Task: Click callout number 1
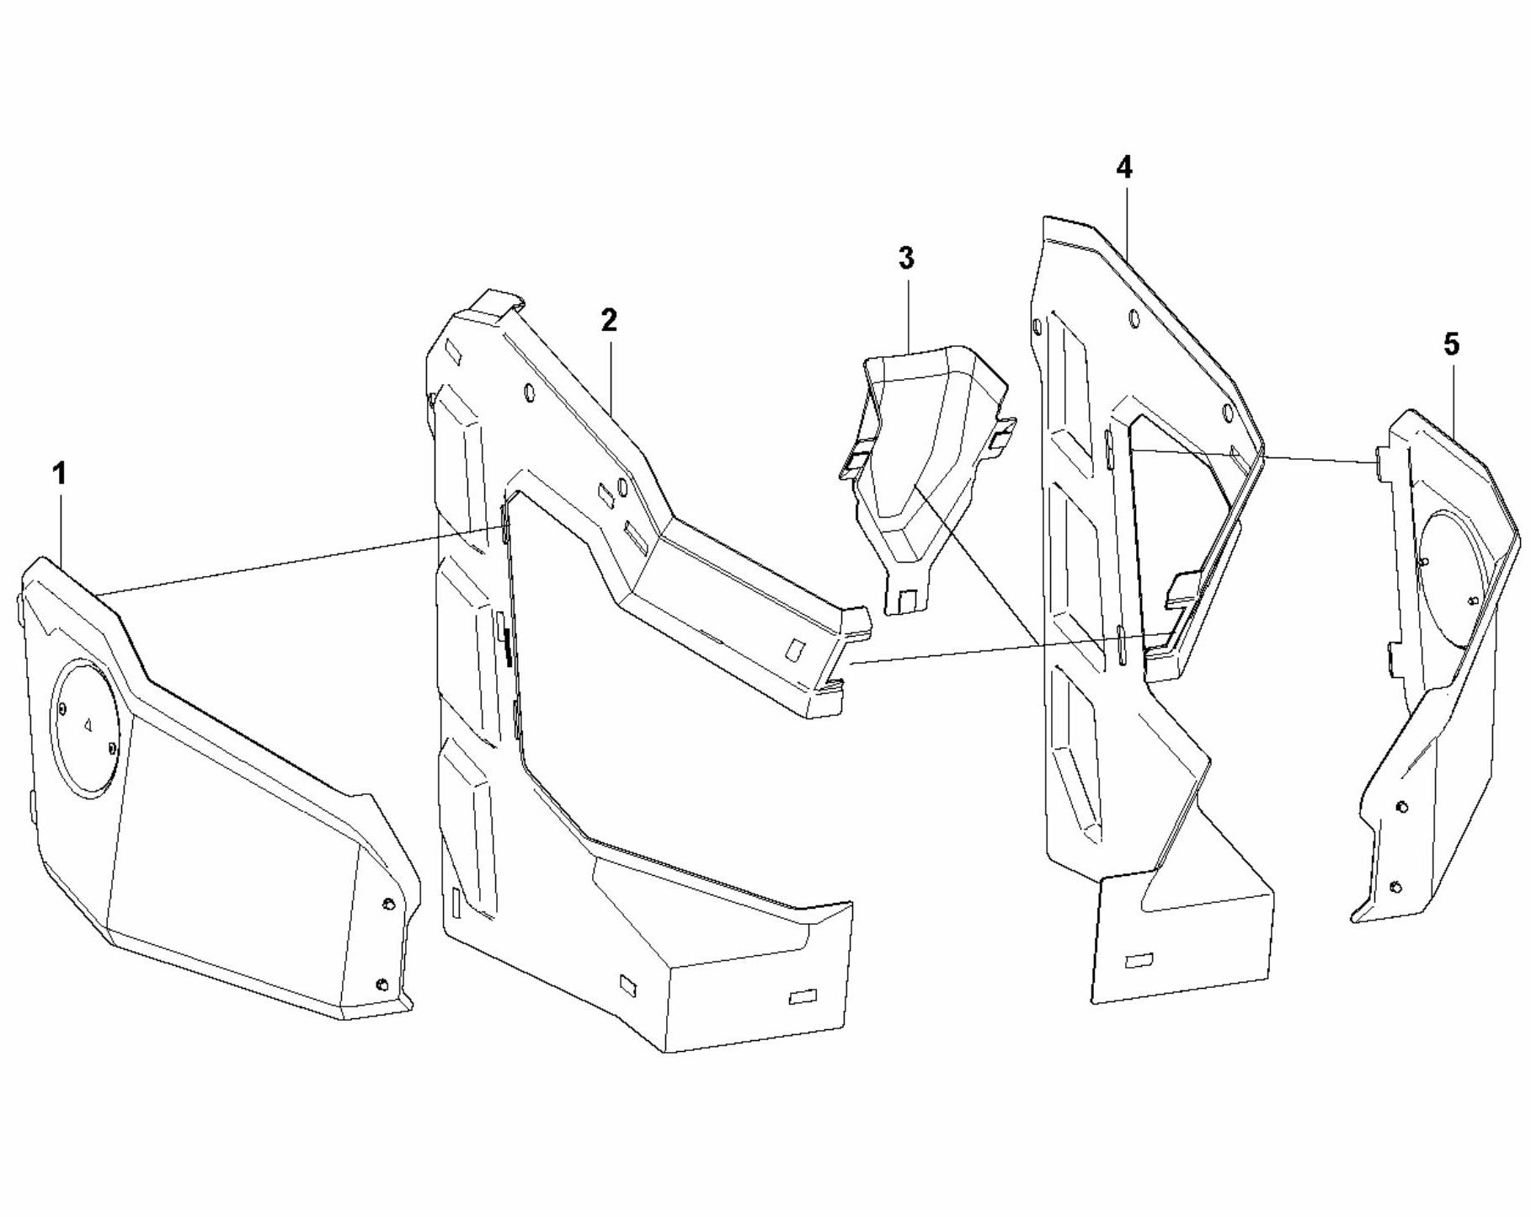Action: click(x=58, y=474)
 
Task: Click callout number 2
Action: click(x=608, y=320)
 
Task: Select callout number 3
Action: click(x=905, y=259)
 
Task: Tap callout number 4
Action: click(x=1124, y=168)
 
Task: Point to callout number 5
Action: click(x=1451, y=344)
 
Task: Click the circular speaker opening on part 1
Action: click(x=88, y=729)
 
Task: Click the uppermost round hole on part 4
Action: click(x=1133, y=319)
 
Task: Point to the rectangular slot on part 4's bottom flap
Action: click(x=1139, y=959)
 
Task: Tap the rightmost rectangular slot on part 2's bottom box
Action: click(x=803, y=997)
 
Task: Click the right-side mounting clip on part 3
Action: click(x=1003, y=435)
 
